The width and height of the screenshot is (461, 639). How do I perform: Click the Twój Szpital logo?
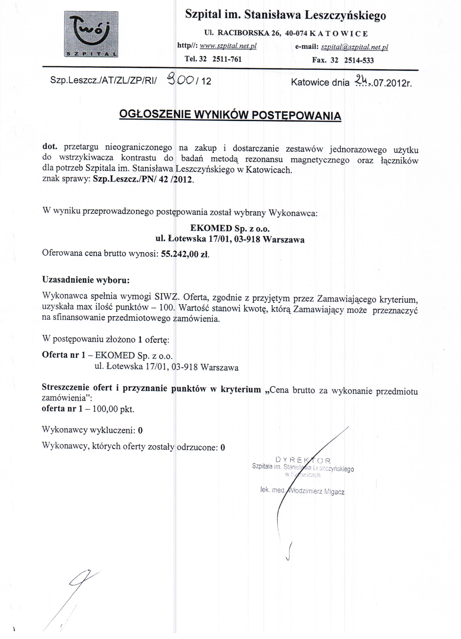point(91,34)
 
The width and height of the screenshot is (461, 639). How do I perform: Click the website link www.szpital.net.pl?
point(228,46)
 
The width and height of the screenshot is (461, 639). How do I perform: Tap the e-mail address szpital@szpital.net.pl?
point(354,47)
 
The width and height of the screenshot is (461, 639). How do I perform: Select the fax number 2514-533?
point(359,60)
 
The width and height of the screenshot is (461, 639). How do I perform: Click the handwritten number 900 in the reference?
point(180,80)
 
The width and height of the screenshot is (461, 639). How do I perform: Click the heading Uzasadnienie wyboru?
point(86,280)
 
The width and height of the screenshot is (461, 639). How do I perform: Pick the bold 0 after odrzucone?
point(223,448)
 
